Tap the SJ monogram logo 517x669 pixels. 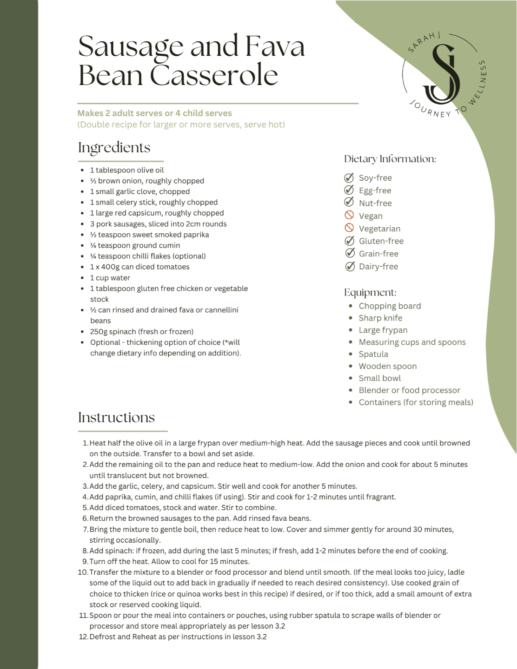(x=442, y=74)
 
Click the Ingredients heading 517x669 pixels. (x=114, y=148)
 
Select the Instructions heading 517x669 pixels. (x=116, y=417)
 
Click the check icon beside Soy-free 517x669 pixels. (x=349, y=178)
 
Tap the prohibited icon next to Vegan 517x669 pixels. (x=349, y=215)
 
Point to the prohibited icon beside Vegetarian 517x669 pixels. (x=349, y=228)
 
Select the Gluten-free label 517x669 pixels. (x=381, y=241)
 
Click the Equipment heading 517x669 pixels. (x=370, y=293)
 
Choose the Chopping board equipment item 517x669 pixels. (x=390, y=306)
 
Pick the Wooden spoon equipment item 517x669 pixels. (x=387, y=366)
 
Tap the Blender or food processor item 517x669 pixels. (x=409, y=390)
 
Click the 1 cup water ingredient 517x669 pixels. (x=110, y=278)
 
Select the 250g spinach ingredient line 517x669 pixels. (x=141, y=332)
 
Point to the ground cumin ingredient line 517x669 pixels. (x=135, y=245)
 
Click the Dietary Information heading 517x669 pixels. (x=390, y=159)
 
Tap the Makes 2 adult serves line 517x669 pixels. (x=154, y=113)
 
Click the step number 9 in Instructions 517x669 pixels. (x=86, y=562)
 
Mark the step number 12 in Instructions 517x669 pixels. (x=83, y=637)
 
